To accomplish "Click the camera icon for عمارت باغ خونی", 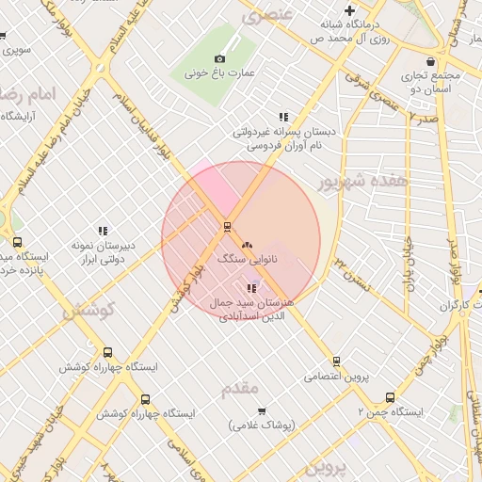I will point(220,58).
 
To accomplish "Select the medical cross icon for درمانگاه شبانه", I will point(349,9).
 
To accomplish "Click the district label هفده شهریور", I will point(362,180).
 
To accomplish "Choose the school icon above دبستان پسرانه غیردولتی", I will point(283,118).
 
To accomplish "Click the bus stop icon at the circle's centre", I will point(226,226).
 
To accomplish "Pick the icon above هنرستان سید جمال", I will point(250,288).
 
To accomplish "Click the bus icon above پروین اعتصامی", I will point(336,361).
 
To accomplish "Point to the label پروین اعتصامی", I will point(336,377).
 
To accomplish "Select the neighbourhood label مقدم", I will point(239,388).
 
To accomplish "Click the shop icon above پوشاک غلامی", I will point(261,410).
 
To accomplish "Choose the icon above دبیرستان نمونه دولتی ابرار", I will point(103,231).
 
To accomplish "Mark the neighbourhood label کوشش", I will point(89,310).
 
